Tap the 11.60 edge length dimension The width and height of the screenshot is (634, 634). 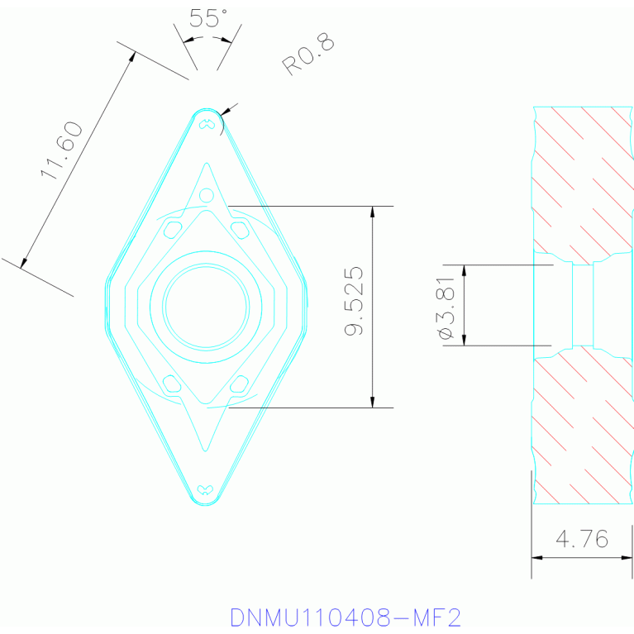point(62,150)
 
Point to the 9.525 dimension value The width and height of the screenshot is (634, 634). point(354,301)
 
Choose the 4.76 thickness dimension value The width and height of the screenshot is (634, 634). point(582,540)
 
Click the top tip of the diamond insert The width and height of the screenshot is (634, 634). point(206,109)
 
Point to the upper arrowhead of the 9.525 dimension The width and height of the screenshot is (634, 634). point(373,211)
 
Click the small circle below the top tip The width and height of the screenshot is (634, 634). point(207,196)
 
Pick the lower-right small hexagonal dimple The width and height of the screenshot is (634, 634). point(240,383)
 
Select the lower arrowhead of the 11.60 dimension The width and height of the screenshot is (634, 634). point(23,264)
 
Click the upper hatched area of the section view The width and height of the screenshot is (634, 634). point(583,178)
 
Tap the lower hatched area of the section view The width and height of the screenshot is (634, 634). point(583,430)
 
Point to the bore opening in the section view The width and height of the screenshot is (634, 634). point(583,306)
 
